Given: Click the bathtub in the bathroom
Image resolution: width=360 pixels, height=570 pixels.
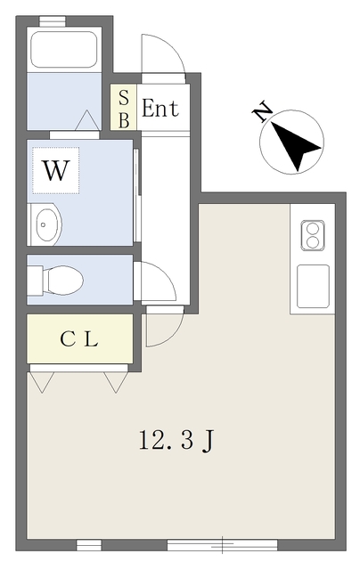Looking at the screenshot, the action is (x=64, y=49).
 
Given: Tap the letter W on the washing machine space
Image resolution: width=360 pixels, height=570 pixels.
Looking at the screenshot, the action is (x=55, y=170).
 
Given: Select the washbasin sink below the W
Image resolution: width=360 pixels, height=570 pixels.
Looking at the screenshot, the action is (x=45, y=224).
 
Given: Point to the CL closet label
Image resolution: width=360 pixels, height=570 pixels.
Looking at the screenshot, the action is (x=79, y=339).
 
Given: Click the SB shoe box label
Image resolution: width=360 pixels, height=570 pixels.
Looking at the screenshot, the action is (x=124, y=109).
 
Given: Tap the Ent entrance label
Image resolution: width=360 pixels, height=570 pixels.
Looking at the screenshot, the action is (x=160, y=108).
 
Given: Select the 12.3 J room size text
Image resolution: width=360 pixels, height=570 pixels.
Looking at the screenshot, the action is (x=176, y=441).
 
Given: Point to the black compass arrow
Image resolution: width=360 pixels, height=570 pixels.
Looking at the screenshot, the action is (x=294, y=144).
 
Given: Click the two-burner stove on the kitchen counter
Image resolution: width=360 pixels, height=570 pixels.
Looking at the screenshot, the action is (x=313, y=236).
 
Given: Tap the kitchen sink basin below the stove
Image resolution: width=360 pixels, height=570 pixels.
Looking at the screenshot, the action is (x=313, y=287).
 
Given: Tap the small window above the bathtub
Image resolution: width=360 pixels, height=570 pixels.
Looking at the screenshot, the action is (x=53, y=21).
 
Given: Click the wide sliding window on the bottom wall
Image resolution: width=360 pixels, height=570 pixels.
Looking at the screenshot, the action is (x=222, y=545).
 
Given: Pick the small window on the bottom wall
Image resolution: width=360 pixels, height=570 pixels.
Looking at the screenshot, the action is (x=89, y=545).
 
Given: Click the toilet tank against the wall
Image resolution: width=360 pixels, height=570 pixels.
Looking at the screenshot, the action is (x=36, y=280).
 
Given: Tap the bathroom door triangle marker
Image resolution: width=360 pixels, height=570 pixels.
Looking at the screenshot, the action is (x=87, y=120).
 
